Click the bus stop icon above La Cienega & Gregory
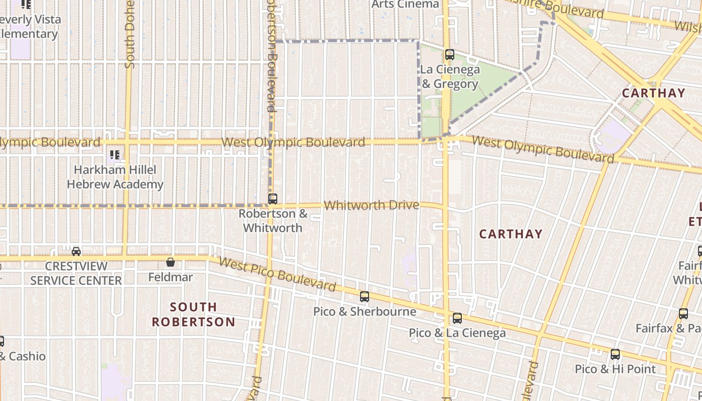coord(450,55)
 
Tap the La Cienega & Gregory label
coord(450,77)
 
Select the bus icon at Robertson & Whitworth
coord(273,199)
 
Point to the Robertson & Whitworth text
coord(273,221)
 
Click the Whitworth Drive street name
coord(371,205)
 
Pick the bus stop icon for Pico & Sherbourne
coord(365,297)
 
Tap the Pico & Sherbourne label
coord(365,311)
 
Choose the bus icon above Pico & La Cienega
coord(457,318)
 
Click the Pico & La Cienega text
coord(457,333)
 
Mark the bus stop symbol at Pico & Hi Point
coord(615,354)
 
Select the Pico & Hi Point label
coord(615,369)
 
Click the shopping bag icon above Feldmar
coord(170,262)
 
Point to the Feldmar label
coord(170,277)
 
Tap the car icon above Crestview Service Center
coord(76,251)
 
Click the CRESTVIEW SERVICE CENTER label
coord(76,273)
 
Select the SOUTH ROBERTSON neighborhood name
coord(194,314)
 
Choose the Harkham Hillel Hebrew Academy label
coord(115,177)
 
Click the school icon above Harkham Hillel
coord(115,155)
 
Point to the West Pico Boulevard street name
coord(277,275)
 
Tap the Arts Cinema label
coord(405,4)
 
